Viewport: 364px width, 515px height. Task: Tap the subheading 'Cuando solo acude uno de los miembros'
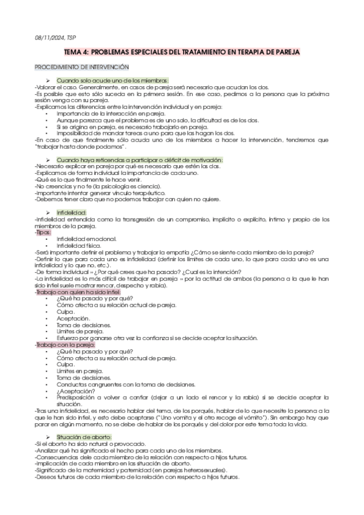point(112,81)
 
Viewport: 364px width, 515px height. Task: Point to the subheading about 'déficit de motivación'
point(140,160)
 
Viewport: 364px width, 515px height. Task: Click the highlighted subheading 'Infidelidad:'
point(72,213)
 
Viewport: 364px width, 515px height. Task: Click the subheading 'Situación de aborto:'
point(84,437)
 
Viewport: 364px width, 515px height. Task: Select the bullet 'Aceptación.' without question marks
point(73,318)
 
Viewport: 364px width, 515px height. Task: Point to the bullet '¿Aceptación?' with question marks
point(74,391)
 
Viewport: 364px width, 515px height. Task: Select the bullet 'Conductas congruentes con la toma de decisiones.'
point(125,384)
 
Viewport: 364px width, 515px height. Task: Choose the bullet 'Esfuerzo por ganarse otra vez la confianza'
point(157,338)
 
